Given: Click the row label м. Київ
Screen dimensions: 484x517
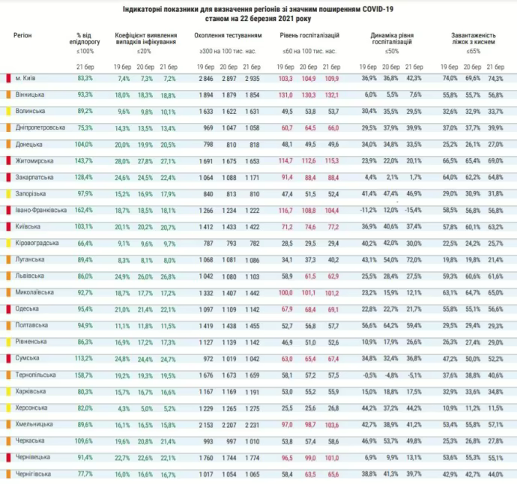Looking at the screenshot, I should (28, 78).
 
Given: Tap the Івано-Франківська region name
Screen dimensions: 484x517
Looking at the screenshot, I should (38, 210).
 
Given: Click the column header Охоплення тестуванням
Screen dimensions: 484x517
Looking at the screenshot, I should (228, 35).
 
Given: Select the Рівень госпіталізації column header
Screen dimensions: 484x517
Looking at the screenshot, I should (309, 35).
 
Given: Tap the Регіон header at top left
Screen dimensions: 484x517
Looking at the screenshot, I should (22, 35).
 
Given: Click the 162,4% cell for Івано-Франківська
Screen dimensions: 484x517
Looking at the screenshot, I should (84, 210).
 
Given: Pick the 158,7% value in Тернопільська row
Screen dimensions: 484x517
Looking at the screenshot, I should (84, 375).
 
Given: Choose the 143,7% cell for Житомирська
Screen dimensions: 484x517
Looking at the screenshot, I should (84, 160).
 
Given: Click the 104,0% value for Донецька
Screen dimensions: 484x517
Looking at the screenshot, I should (84, 144).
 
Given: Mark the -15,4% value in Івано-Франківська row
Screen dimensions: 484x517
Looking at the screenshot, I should (412, 210).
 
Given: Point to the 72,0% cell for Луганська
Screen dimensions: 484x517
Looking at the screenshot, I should (413, 259).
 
